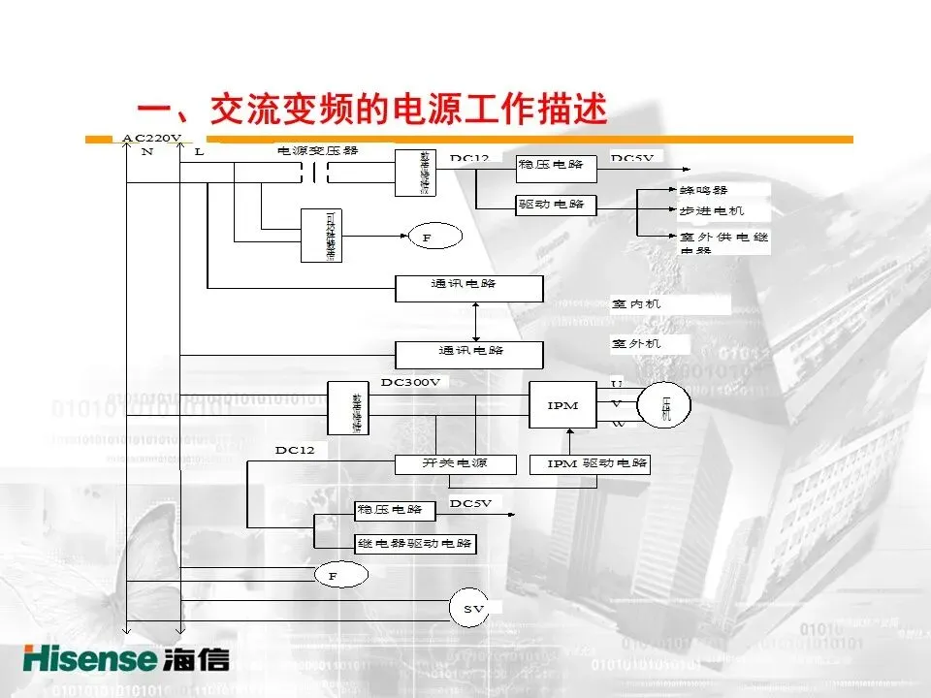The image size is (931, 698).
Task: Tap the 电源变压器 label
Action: [x=318, y=150]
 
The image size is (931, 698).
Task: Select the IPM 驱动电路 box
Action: [x=590, y=464]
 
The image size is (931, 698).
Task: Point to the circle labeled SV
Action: [x=473, y=608]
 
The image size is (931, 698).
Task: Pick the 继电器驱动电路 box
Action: [x=415, y=544]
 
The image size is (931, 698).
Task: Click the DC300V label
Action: [x=410, y=382]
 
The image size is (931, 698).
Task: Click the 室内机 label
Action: [x=636, y=304]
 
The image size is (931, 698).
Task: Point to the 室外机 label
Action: [x=636, y=344]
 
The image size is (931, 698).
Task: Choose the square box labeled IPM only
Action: [x=562, y=405]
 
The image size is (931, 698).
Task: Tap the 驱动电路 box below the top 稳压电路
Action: [x=556, y=206]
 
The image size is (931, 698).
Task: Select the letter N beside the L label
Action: [x=146, y=152]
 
